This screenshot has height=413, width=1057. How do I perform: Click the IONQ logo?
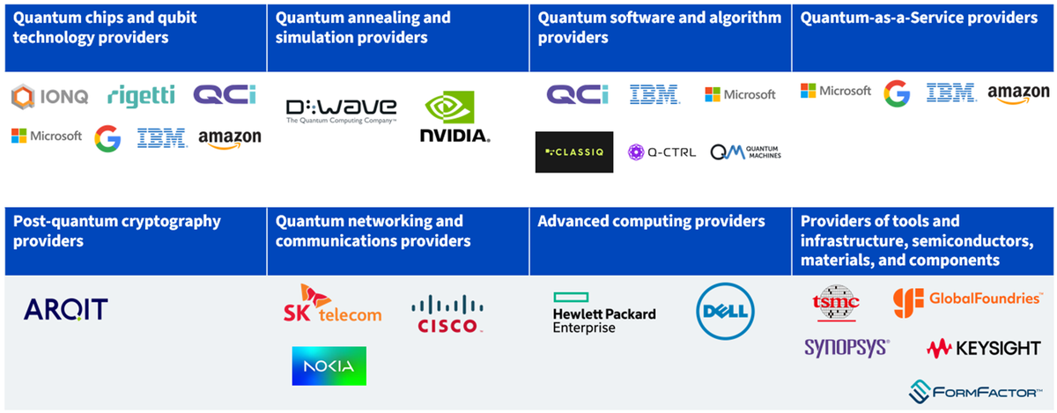(49, 97)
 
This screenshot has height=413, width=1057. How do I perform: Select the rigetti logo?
(141, 96)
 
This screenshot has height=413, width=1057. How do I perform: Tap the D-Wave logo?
(341, 111)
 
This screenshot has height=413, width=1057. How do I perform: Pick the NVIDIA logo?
(455, 116)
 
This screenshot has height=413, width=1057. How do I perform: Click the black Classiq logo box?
(574, 152)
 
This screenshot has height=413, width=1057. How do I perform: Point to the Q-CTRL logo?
(662, 152)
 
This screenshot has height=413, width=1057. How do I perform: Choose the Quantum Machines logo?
(745, 152)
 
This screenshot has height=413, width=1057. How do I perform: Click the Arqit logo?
(65, 309)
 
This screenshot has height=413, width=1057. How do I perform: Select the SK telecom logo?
(333, 304)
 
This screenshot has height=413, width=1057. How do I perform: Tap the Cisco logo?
(447, 313)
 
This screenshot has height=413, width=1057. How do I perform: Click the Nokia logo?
(329, 365)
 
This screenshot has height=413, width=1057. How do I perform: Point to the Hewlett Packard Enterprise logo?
(604, 313)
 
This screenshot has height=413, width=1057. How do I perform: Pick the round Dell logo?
(725, 311)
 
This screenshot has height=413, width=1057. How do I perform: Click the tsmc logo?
(836, 303)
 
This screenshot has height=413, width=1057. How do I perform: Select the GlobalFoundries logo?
(967, 302)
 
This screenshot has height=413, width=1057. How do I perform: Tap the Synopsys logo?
(847, 348)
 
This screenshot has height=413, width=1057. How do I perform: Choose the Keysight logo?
(983, 349)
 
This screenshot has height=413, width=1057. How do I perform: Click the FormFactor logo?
(975, 392)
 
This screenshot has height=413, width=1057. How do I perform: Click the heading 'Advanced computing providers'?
(651, 221)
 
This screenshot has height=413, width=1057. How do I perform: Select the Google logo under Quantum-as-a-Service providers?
(897, 93)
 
